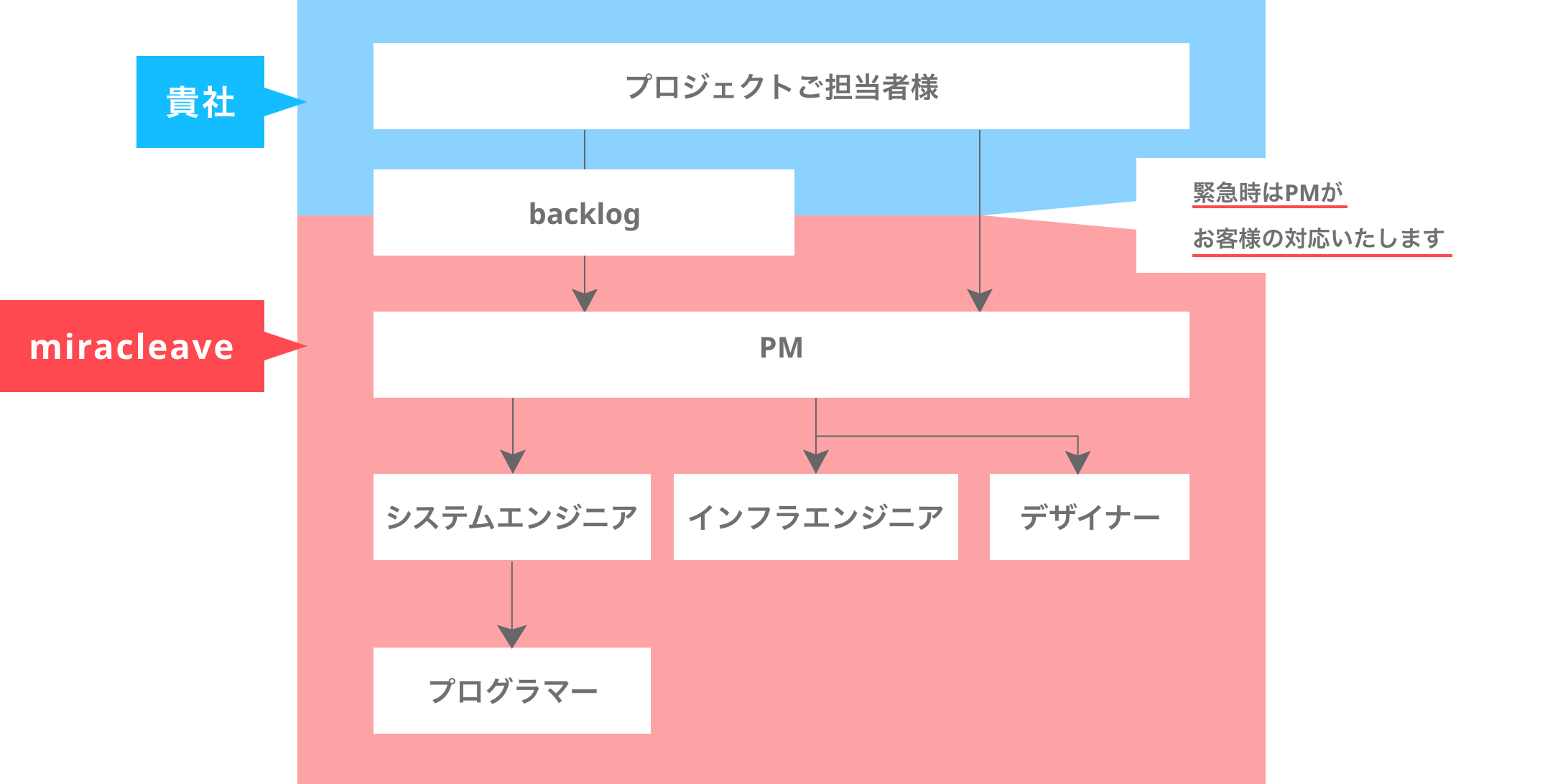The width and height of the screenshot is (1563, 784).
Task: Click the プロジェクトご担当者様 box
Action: coord(781,86)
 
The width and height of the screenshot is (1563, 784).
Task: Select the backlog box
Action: coord(583,213)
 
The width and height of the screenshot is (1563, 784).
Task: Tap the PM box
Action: coord(781,355)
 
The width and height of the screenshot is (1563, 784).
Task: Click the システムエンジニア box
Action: coord(511,517)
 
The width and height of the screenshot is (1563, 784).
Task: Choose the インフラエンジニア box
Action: coord(815,517)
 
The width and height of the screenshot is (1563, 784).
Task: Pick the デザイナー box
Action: coord(1089,517)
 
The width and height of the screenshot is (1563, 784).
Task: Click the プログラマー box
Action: coord(511,691)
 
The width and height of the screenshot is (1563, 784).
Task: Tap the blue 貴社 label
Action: coord(200,102)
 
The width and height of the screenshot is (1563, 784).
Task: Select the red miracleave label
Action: coord(132,346)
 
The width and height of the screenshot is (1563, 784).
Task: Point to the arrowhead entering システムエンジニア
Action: coord(513,462)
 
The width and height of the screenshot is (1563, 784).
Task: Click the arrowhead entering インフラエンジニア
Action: coord(816,462)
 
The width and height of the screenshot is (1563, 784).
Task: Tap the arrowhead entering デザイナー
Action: coord(1078,462)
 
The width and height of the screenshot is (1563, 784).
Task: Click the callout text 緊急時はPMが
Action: coord(1268,192)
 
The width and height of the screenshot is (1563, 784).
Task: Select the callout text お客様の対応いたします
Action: coord(1319,238)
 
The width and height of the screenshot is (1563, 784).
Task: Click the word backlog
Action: coord(585,214)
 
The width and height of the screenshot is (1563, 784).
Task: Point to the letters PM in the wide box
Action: coord(781,347)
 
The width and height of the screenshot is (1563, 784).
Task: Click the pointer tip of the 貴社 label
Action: coord(306,102)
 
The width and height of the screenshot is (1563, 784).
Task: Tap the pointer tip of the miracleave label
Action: coord(306,346)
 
